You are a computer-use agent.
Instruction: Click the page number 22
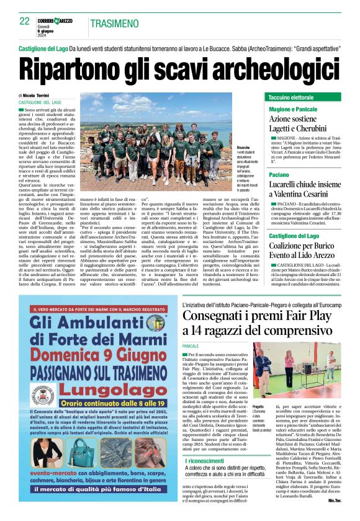(x=25, y=21)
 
